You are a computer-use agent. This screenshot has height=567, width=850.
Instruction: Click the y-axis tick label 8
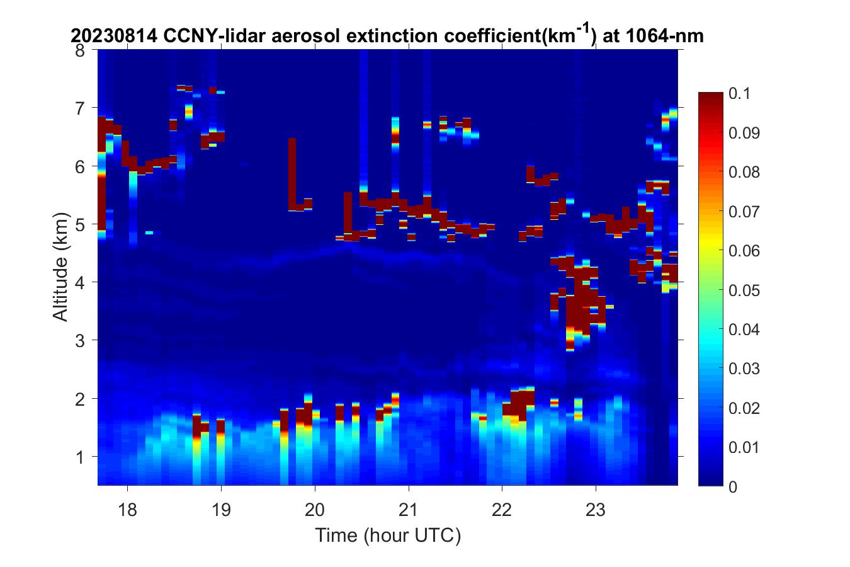[80, 50]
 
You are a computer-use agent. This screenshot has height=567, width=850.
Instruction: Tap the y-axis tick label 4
[81, 282]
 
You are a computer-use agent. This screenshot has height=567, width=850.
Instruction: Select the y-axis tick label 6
[81, 166]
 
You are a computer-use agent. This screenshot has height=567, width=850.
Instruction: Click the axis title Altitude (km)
[61, 268]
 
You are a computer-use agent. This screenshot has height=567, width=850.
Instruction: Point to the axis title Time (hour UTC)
[388, 536]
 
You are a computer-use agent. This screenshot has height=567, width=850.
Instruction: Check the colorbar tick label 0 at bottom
[733, 486]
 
